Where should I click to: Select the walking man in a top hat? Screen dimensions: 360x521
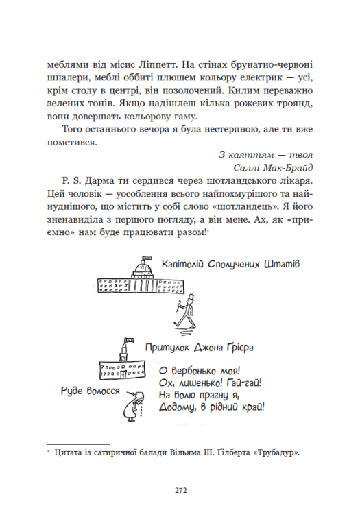180,312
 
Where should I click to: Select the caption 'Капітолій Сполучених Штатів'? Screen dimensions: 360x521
217,265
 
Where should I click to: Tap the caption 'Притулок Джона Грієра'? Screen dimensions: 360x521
200,346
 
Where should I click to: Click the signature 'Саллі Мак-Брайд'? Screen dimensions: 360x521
274,168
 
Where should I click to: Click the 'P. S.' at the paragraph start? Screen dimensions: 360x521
69,182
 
